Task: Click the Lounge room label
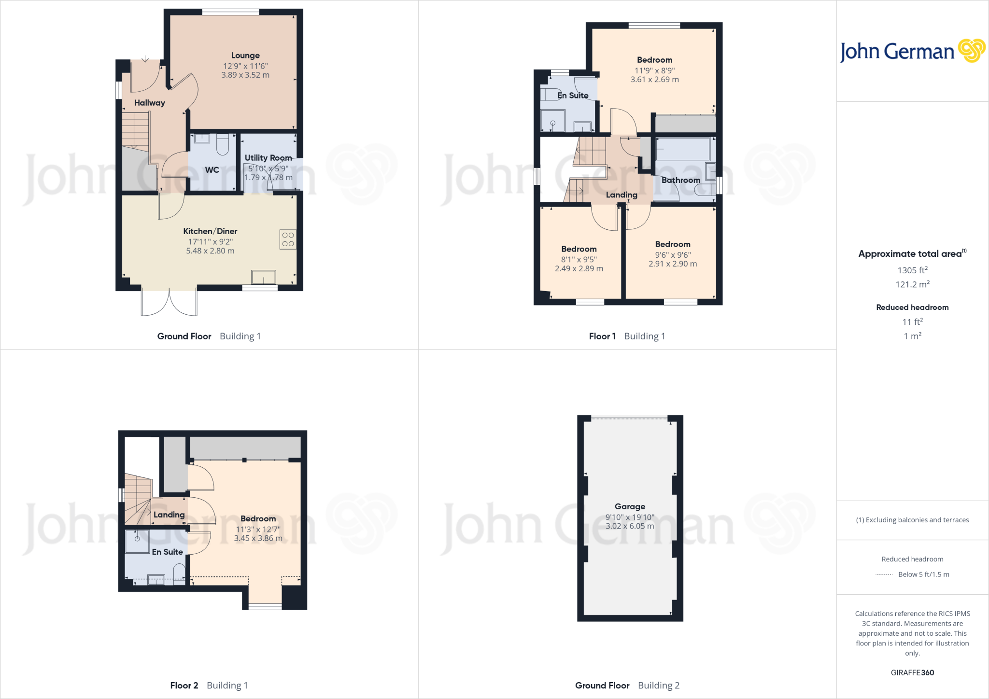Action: [245, 56]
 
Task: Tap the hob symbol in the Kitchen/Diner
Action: [288, 239]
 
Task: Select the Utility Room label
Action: [268, 158]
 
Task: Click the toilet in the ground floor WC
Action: [223, 144]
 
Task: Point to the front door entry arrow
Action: [145, 59]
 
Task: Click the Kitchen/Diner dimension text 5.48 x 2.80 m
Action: [210, 251]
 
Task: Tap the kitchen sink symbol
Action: [264, 277]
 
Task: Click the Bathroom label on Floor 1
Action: [680, 180]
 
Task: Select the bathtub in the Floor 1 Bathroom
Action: [682, 149]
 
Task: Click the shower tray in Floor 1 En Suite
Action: [552, 121]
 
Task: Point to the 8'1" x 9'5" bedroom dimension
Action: [579, 259]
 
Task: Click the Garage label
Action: [630, 506]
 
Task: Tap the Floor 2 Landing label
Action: [169, 515]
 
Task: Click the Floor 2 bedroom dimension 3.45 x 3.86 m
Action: [258, 538]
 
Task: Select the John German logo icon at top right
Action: [971, 51]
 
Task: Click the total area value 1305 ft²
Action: [912, 270]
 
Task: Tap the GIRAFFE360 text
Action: [912, 672]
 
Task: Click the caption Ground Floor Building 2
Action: [627, 685]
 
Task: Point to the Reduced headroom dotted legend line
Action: [884, 574]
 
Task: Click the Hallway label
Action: [150, 103]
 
